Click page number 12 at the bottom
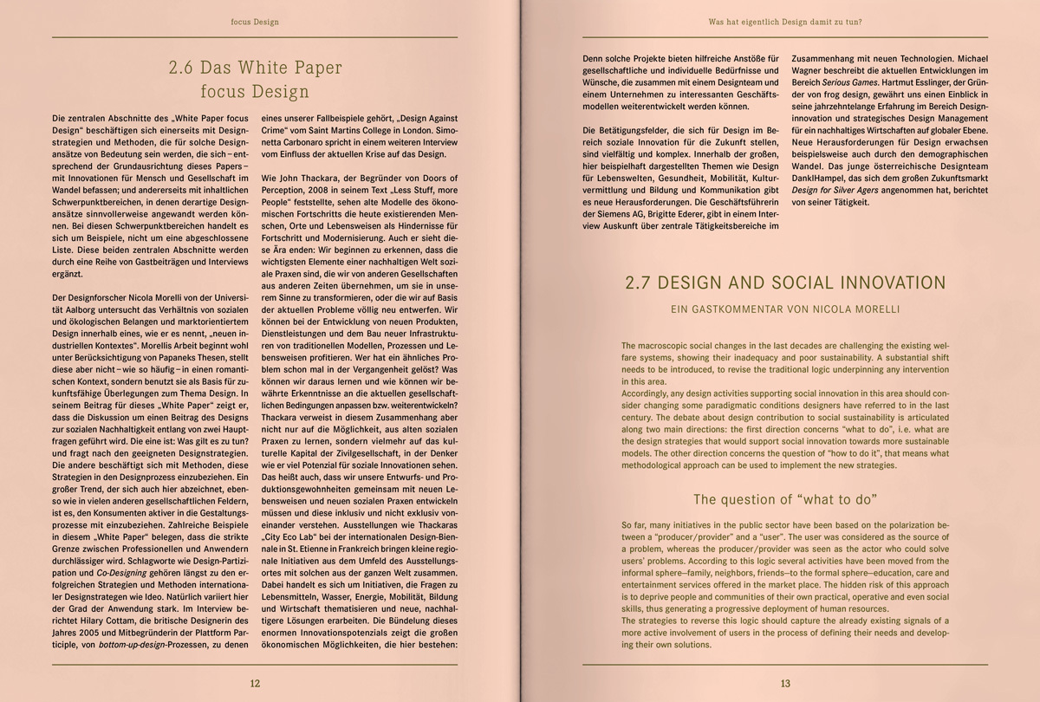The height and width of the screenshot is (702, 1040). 255,683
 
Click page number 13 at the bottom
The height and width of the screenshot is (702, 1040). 785,683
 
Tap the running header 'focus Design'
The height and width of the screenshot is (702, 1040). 255,22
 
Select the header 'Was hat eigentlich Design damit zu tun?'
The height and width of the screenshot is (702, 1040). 785,22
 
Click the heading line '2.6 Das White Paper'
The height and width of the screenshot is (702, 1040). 255,67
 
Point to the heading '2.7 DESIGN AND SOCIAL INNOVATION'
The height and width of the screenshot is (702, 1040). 785,283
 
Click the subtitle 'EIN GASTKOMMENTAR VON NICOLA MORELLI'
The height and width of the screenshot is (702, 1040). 785,309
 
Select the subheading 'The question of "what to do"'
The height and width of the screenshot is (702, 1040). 785,499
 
